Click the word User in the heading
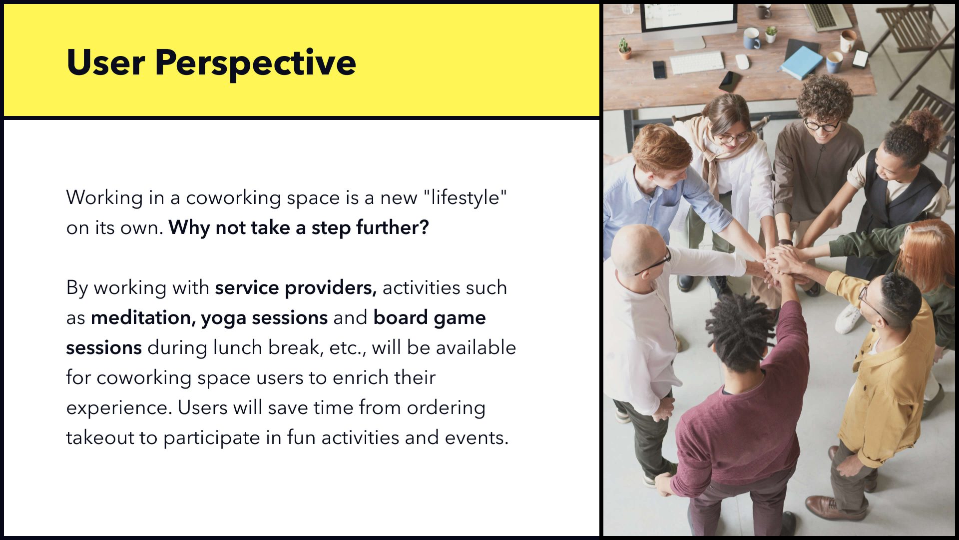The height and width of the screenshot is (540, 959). (x=105, y=62)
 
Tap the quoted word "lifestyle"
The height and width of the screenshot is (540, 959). (x=465, y=198)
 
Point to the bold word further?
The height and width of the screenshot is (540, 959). (x=393, y=227)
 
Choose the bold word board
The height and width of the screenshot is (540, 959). (x=401, y=317)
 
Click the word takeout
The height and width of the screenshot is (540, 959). (x=100, y=437)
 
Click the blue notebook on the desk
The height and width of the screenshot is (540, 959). (x=801, y=62)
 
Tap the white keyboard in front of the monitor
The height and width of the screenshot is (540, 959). (x=697, y=63)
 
